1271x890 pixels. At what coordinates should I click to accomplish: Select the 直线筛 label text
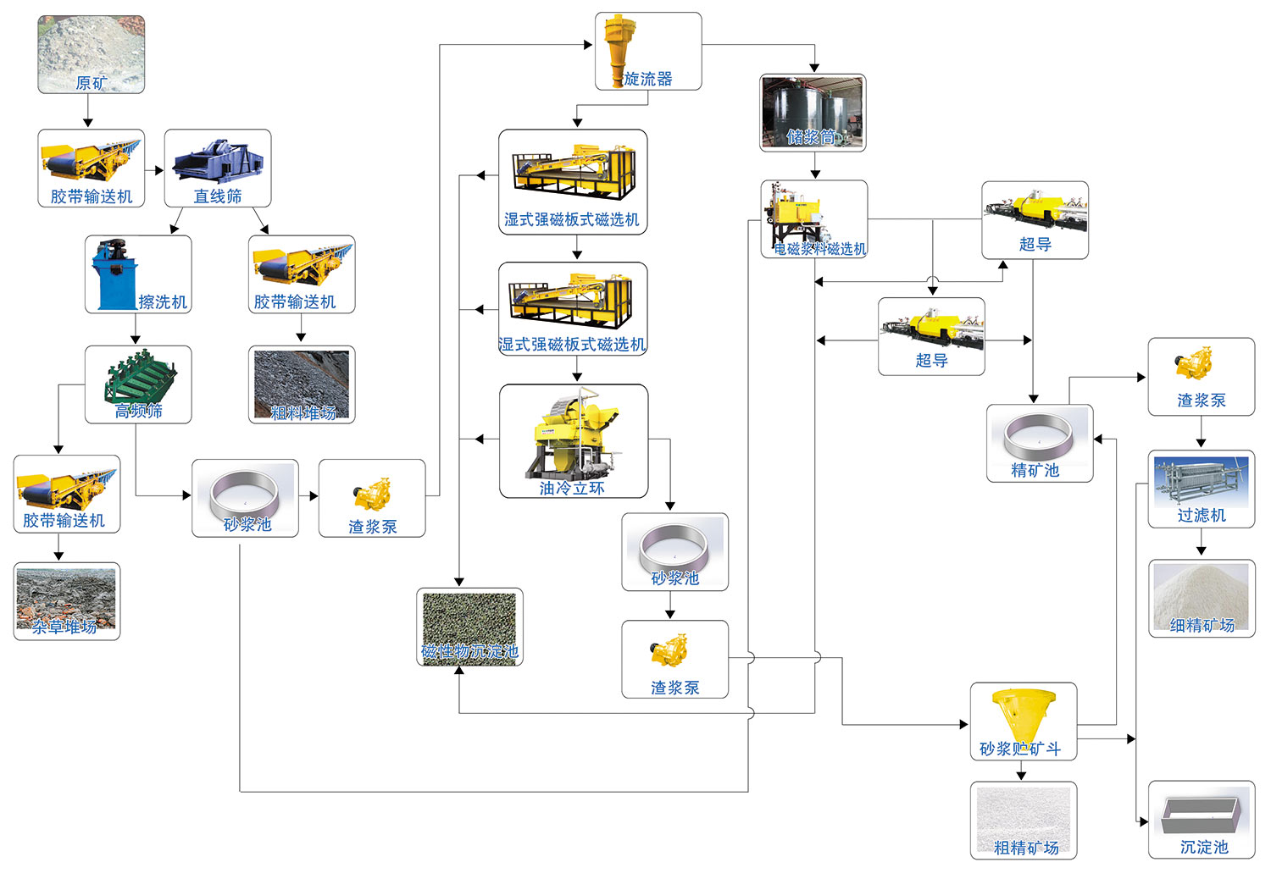[x=218, y=196]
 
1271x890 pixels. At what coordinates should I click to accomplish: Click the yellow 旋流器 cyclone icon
[x=616, y=47]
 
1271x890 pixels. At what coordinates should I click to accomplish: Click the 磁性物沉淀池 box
[x=469, y=627]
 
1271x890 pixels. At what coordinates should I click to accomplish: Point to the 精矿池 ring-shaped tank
[x=1039, y=436]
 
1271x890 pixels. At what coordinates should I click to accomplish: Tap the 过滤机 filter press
[x=1201, y=483]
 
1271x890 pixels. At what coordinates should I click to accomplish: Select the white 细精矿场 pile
[x=1201, y=593]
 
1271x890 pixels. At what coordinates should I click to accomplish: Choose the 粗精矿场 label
[x=1025, y=848]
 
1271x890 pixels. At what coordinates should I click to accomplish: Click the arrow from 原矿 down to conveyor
[x=87, y=112]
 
